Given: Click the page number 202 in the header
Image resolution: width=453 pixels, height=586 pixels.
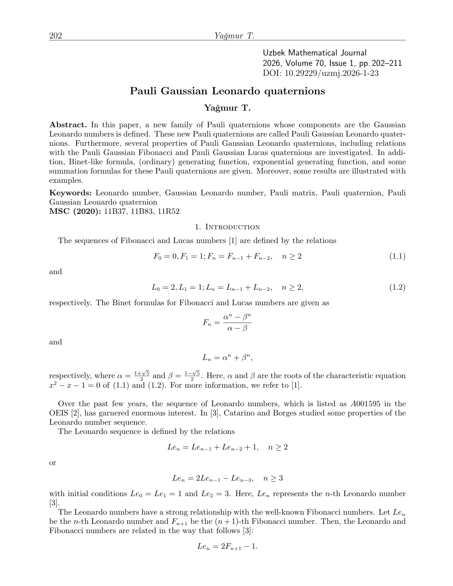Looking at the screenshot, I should point(56,36).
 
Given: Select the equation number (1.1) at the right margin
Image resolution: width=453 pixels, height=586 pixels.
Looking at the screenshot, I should point(397,256).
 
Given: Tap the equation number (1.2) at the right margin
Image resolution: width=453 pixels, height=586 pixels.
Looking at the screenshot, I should point(397,287).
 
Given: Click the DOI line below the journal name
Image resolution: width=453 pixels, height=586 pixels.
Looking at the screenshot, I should point(321,73).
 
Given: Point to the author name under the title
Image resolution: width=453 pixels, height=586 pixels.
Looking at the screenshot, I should point(227,108).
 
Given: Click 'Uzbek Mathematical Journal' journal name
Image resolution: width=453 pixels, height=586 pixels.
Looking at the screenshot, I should point(315,53).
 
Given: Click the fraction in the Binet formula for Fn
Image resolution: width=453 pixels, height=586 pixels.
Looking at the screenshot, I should point(237,323).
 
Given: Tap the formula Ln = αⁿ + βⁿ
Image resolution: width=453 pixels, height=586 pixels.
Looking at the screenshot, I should point(227,358).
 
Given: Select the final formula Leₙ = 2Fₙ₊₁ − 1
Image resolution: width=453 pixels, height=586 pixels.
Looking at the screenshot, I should point(227,546).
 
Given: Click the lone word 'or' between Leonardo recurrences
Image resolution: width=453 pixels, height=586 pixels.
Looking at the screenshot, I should point(53,462).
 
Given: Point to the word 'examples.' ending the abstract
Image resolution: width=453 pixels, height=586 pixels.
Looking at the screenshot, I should point(66,181).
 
